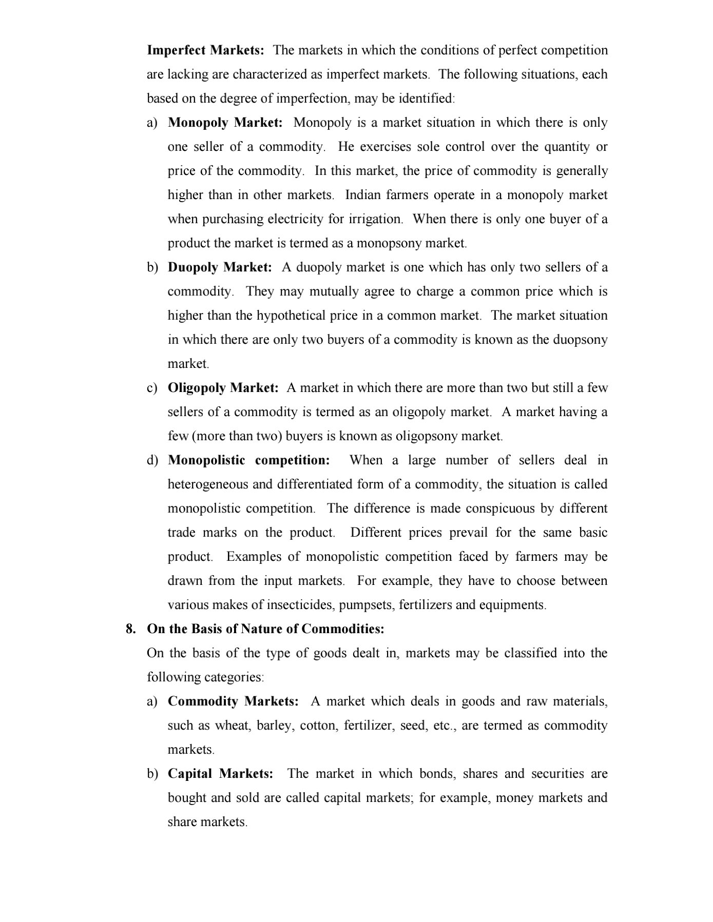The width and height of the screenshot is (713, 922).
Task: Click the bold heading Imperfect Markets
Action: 205,50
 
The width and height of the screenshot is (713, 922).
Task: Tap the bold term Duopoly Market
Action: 220,267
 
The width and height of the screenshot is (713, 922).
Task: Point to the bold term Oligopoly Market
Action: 223,388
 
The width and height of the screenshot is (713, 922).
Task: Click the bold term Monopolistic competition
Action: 249,460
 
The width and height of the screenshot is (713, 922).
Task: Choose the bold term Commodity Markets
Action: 233,701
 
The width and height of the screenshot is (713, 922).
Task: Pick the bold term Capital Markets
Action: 221,774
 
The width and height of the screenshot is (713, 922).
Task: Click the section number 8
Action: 131,629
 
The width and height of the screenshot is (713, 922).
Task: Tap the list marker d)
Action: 152,460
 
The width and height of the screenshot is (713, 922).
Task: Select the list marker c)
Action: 152,388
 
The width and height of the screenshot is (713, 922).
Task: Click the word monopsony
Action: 386,243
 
